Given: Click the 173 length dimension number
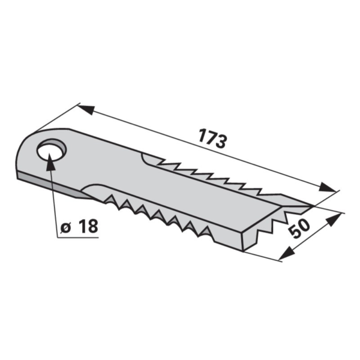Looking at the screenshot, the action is [212, 139].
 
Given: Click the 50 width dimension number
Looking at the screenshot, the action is [299, 228].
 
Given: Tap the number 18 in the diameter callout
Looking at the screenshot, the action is [88, 226].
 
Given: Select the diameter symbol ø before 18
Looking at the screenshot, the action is [66, 228].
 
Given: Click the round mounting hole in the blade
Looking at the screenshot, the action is [52, 150].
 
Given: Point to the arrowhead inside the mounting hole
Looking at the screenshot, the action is [50, 162].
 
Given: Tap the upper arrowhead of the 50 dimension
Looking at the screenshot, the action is [334, 219].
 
